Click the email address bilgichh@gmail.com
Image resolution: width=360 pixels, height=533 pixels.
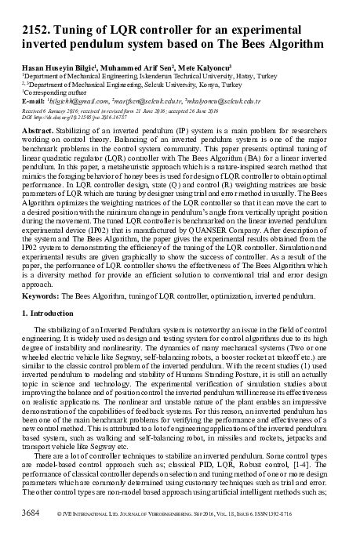point(78,101)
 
